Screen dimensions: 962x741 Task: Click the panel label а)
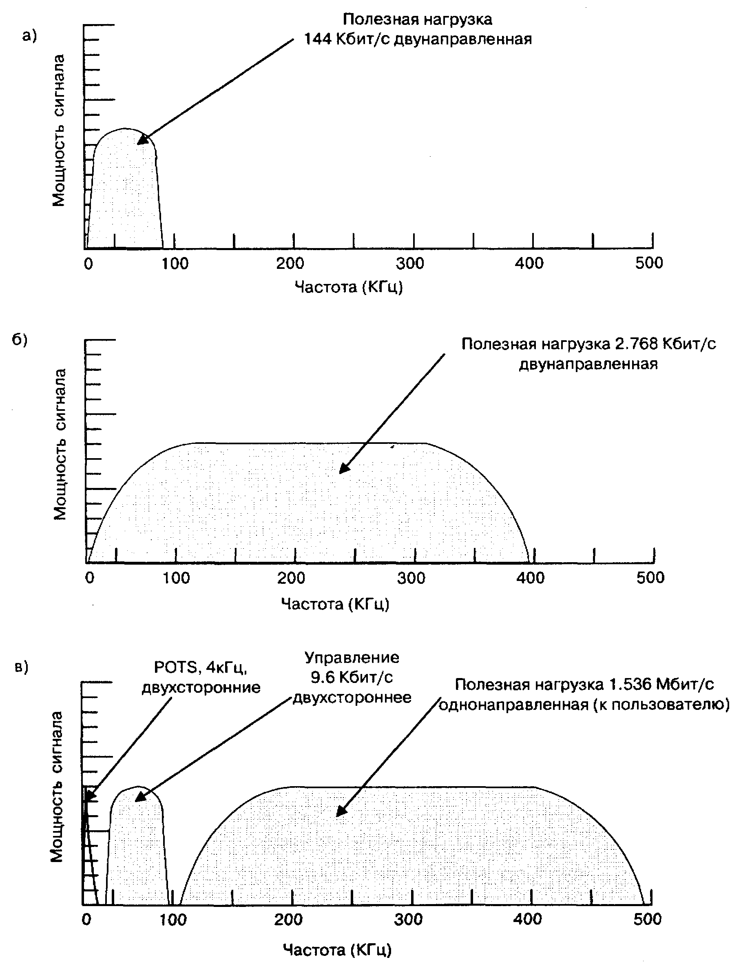[x=29, y=35]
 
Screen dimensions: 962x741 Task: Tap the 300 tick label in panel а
[x=409, y=264]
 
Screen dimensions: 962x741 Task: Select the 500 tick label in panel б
[x=650, y=577]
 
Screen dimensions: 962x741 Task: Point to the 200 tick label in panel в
[x=288, y=919]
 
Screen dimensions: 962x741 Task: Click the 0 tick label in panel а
[x=88, y=264]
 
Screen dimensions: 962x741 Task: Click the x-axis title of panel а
[x=348, y=287]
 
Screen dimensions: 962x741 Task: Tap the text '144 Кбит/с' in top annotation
[x=347, y=39]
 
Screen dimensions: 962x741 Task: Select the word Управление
[x=352, y=658]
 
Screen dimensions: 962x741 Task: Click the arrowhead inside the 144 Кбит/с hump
[x=143, y=140]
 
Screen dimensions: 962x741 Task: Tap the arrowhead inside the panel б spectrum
[x=344, y=469]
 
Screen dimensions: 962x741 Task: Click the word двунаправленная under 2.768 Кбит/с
[x=588, y=364]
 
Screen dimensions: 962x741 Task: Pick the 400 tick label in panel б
[x=530, y=577]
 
